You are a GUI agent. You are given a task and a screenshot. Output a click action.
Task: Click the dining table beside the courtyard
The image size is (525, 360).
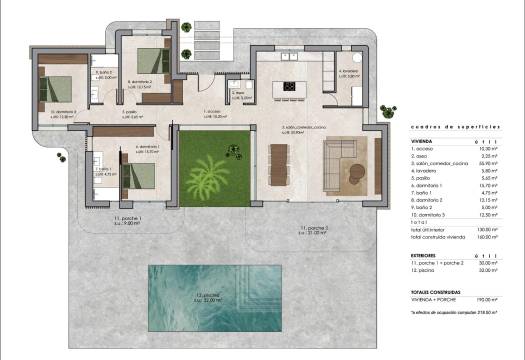click(x=278, y=163)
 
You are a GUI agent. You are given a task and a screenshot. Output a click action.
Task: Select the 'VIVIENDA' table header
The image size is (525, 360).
click(x=424, y=142)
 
